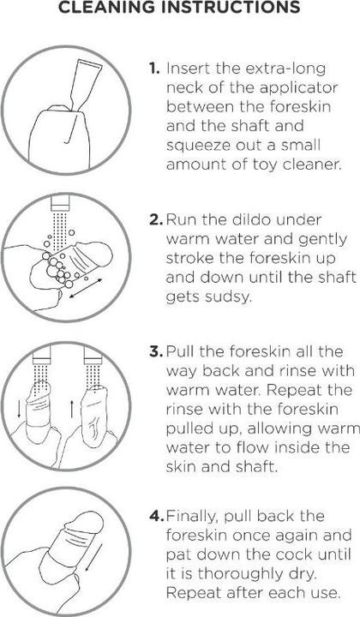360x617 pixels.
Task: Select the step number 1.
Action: coord(154,69)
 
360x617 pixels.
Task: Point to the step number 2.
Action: coord(156,219)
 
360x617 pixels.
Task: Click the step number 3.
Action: coord(156,351)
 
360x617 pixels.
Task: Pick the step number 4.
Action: coord(157,516)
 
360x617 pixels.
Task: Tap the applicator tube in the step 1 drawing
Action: coord(86,82)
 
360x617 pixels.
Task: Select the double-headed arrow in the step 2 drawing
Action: coord(86,288)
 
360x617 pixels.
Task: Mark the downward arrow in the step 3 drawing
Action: coord(19,410)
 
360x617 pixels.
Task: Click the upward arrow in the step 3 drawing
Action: coord(72,410)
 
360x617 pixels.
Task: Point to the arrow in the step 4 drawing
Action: coord(93,557)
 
